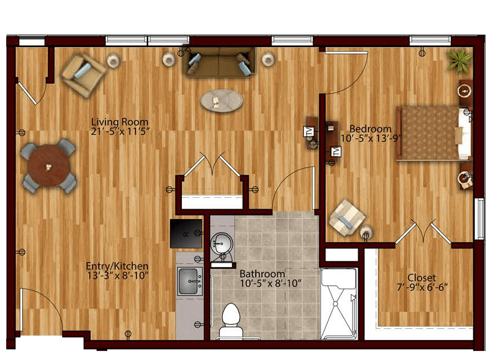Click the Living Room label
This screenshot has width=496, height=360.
click(120, 122)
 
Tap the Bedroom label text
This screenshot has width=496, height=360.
click(370, 129)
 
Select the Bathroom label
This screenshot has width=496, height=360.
click(262, 274)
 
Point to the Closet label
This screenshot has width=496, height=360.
click(422, 277)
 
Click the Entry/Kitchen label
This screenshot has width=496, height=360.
click(117, 266)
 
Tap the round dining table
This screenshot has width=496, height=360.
click(48, 166)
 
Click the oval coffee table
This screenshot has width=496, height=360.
click(222, 100)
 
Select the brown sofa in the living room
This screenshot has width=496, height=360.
click(219, 62)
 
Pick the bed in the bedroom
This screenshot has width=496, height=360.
click(434, 133)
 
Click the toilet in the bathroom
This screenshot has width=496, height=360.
click(231, 321)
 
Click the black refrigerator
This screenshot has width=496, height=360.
click(186, 234)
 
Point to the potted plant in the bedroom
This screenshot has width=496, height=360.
click(459, 60)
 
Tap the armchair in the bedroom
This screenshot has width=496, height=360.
click(347, 217)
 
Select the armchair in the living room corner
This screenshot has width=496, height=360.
click(83, 75)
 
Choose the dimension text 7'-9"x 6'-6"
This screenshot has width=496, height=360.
click(422, 287)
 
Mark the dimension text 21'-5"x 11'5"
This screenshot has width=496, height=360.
click(120, 132)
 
